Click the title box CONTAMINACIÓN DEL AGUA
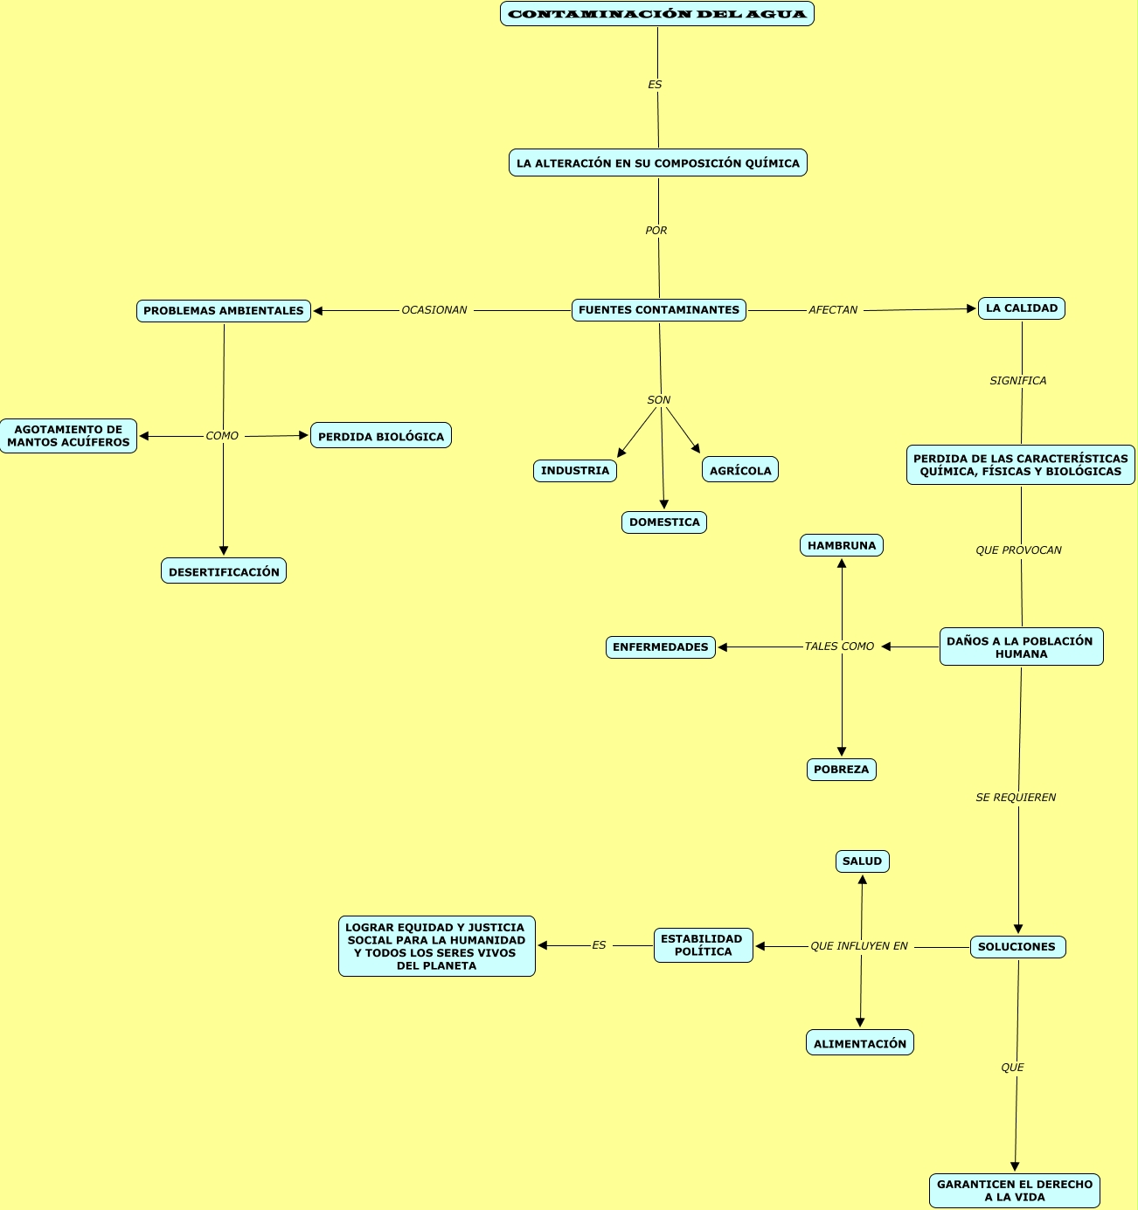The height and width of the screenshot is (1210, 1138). point(657,14)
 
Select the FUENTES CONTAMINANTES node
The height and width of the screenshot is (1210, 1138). point(659,310)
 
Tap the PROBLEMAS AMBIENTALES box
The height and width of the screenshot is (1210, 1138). point(224,311)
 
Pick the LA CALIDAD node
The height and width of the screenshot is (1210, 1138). point(1021,308)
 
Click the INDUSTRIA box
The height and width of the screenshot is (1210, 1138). point(575,471)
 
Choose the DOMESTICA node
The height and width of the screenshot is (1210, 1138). point(664,522)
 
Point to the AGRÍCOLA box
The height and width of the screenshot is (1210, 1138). point(740,470)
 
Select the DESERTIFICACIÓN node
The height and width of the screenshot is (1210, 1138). point(224,571)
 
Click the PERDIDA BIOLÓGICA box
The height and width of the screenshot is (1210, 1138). point(381,436)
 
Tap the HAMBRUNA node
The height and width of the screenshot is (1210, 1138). point(842,545)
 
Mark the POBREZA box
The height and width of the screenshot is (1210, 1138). point(842,770)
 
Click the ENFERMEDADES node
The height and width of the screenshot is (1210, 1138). point(661,647)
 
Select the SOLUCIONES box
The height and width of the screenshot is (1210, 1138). point(1017,947)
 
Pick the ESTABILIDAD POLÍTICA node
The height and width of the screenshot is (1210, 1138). point(703,945)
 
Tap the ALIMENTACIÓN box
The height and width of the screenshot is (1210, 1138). point(860,1043)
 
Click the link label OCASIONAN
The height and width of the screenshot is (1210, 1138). point(434,310)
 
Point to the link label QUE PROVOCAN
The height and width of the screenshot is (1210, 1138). point(1018,550)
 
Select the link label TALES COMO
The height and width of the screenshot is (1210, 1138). point(839,646)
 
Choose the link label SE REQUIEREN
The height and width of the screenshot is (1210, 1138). point(1016,798)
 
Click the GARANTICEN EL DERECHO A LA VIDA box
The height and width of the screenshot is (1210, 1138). point(1015,1191)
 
